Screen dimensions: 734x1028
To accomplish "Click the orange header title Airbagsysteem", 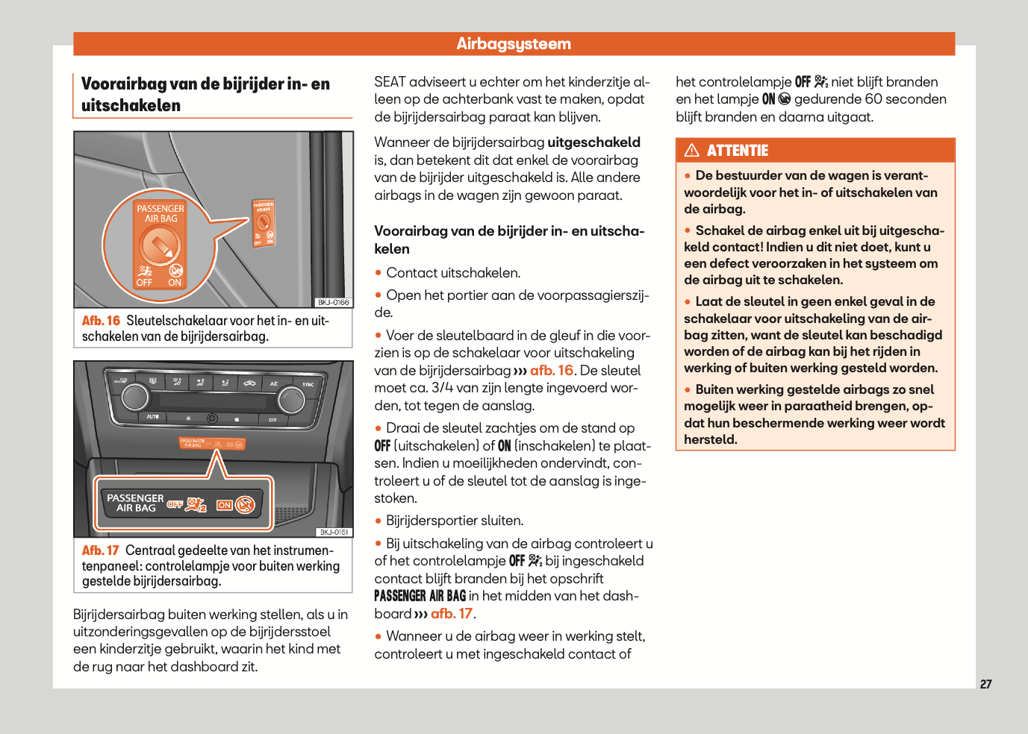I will click(514, 44).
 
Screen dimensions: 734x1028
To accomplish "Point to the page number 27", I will click(985, 684).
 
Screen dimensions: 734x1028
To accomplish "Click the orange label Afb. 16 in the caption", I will click(101, 321).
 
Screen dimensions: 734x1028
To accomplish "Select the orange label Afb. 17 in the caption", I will click(101, 550).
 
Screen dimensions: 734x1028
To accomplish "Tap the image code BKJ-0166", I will click(333, 302).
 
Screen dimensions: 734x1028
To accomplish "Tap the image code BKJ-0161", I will click(334, 532).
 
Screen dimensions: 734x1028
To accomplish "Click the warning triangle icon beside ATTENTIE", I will click(692, 150).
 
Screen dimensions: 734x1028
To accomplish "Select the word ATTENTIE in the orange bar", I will click(738, 151).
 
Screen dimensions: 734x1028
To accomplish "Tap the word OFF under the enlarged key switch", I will click(144, 283).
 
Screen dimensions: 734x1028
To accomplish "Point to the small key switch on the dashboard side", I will click(264, 223).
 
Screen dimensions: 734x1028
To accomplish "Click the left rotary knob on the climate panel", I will click(135, 397).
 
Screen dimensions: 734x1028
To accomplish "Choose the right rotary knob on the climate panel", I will click(290, 401).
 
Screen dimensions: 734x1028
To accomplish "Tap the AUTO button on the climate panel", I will click(153, 416).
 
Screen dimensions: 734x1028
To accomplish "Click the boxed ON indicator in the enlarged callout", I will click(224, 505).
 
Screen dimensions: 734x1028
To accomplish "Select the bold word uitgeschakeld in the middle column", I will click(594, 142).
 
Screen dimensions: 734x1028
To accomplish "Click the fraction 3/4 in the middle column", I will click(442, 388).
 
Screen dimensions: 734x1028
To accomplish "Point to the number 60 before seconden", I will click(873, 99).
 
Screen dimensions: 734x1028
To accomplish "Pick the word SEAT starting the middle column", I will click(390, 82).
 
